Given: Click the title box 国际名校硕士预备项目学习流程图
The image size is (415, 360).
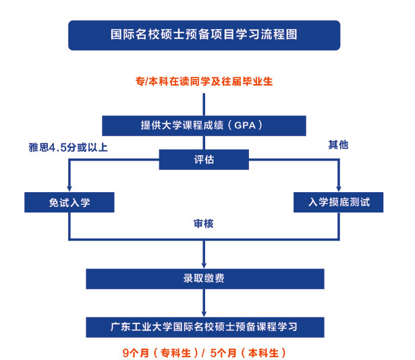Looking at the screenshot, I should click(x=204, y=35).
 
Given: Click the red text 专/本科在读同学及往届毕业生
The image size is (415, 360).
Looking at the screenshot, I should click(x=204, y=82).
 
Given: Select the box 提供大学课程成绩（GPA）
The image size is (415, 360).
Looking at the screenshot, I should click(x=204, y=125).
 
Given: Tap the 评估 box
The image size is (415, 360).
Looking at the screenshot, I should click(x=204, y=160).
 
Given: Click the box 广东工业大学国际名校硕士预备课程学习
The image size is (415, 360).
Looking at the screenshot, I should click(x=204, y=327).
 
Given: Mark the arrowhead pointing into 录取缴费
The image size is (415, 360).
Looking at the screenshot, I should click(x=204, y=264).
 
